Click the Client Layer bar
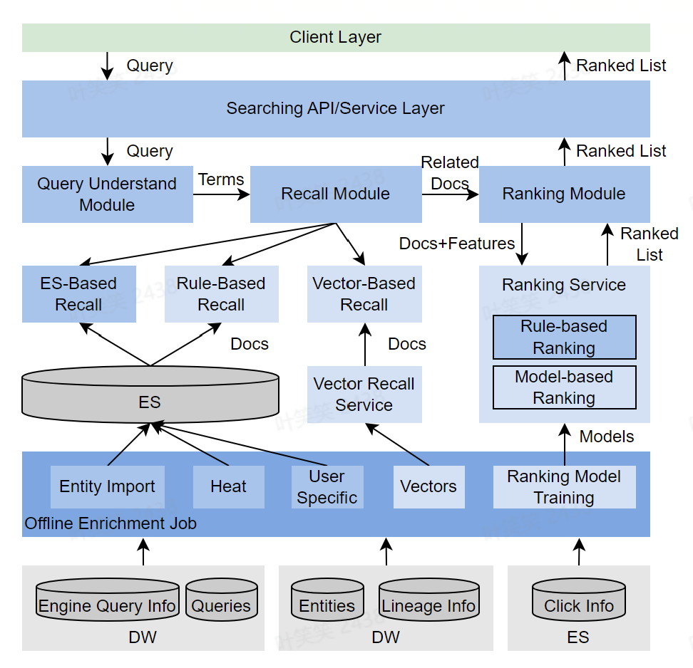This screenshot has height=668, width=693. (x=336, y=38)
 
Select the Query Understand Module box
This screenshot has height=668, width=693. (x=108, y=194)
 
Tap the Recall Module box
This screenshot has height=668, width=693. (x=336, y=194)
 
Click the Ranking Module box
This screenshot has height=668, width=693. (x=564, y=194)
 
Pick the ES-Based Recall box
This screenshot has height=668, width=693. (x=79, y=294)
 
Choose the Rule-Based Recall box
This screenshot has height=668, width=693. (x=222, y=294)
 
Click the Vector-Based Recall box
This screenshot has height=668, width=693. (x=364, y=294)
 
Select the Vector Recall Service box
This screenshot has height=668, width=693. (x=364, y=395)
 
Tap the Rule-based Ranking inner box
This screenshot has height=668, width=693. (x=564, y=337)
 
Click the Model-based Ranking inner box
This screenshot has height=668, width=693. (x=564, y=387)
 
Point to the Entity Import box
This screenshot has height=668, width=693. (x=108, y=487)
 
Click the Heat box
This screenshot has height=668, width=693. (x=229, y=487)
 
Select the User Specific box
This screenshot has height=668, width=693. (x=327, y=487)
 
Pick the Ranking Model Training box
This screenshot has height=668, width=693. (x=564, y=487)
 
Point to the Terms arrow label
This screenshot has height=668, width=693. (x=221, y=179)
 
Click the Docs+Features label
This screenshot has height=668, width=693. (x=457, y=244)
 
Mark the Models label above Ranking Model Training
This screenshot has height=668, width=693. (x=607, y=437)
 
